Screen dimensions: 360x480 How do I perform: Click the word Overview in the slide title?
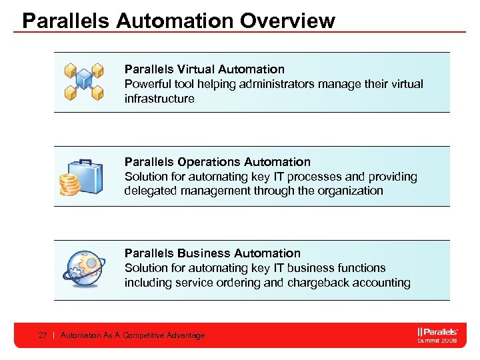coord(287,21)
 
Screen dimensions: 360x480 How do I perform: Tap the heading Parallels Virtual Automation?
coord(204,69)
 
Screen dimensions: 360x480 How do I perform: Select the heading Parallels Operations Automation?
coord(217,162)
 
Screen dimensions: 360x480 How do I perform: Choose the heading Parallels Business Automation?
coord(212,253)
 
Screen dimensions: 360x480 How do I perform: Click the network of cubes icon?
coord(84,81)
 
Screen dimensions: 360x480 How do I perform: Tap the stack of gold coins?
coord(69,184)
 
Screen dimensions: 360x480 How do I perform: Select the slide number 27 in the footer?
coord(43,335)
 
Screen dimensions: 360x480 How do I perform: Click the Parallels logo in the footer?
coord(437,331)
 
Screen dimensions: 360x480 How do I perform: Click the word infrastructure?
coord(159,99)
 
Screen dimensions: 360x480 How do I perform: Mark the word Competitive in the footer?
coord(139,335)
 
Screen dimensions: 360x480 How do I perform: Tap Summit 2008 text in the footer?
coord(437,340)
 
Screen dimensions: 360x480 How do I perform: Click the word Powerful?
coord(147,84)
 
